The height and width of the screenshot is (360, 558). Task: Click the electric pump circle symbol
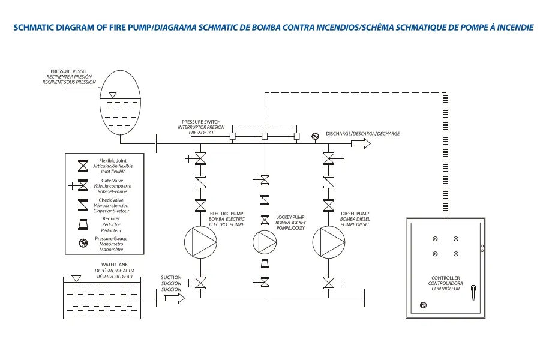[x=200, y=242]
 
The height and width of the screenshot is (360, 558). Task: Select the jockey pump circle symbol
[x=265, y=241]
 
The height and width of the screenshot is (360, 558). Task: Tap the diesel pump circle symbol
[x=329, y=242]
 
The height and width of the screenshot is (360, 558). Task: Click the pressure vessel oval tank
[x=120, y=103]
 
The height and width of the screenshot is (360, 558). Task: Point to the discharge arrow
[x=361, y=143]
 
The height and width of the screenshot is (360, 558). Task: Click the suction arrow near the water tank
[x=174, y=298]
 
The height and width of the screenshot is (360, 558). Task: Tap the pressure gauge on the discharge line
[x=315, y=136]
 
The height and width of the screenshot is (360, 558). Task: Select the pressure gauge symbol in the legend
[x=83, y=244]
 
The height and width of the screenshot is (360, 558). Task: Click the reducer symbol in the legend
[x=83, y=224]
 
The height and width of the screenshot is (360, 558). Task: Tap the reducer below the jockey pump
[x=265, y=263]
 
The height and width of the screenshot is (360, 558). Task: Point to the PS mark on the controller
[x=423, y=305]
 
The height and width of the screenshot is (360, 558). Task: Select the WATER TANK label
[x=115, y=265]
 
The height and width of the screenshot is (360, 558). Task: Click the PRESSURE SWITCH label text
[x=201, y=122]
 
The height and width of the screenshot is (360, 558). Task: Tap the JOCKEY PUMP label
[x=290, y=217]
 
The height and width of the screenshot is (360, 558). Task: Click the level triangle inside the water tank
[x=76, y=278]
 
